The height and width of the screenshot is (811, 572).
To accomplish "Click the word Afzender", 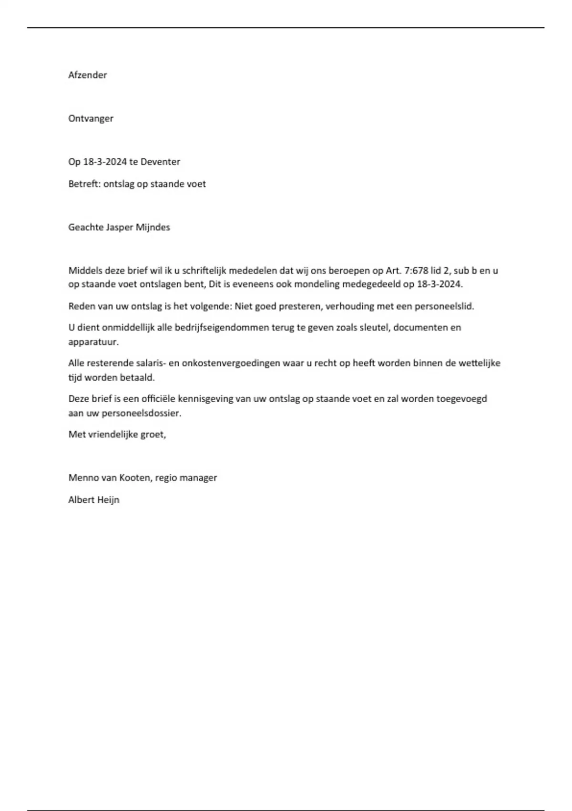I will coord(88,75).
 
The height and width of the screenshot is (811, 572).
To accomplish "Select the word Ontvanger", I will coord(91,118).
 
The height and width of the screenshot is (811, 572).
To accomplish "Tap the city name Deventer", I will coord(160,162).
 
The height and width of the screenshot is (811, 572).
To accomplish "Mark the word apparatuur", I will coord(93,342).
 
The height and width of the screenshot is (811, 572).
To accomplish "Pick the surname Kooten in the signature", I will coord(136,478).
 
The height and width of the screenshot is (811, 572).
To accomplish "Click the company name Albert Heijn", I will coord(94,500).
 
